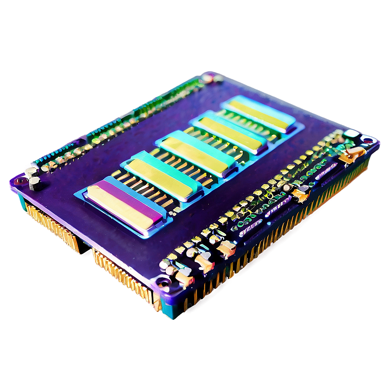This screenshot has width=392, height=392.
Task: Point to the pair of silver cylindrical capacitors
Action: pos(33,177)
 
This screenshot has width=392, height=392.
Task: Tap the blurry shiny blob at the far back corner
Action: pos(210,78)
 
